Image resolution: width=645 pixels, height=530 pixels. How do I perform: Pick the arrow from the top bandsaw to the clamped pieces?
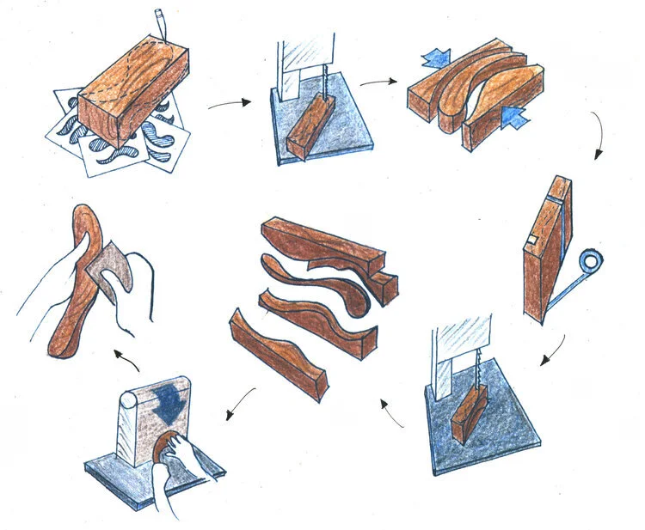[378, 82]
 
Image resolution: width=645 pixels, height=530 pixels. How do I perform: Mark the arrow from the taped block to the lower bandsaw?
[556, 348]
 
